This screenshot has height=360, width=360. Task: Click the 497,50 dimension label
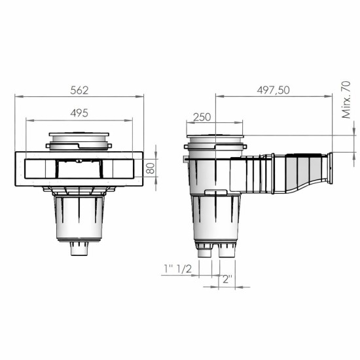274,90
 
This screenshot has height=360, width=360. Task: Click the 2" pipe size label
227,278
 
